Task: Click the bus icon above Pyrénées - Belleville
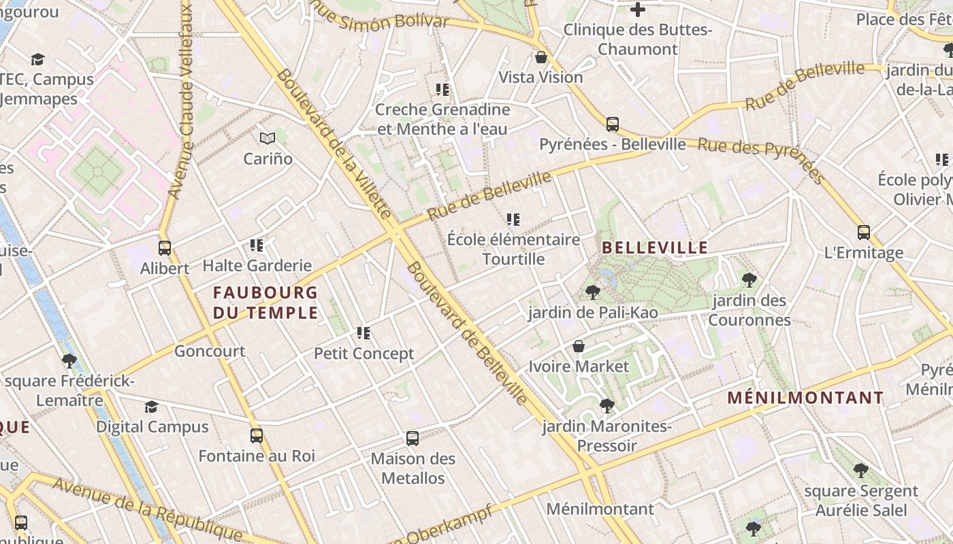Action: pos(612,124)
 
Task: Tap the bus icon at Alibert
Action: pos(164,248)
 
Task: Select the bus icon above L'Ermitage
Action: pos(863,233)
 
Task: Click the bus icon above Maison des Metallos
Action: pos(412,439)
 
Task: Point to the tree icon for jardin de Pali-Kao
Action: pos(593,292)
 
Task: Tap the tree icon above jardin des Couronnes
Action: pos(749,279)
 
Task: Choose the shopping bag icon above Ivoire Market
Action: pos(579,347)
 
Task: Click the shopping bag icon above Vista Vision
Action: pos(541,57)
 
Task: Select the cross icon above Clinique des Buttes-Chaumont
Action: pos(638,10)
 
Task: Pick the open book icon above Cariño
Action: pos(268,139)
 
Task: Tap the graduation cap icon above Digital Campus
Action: pos(151,407)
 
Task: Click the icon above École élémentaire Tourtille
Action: pos(513,220)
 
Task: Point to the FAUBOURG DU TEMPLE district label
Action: pos(265,303)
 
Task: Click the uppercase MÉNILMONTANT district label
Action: pos(805,398)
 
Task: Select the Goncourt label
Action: pos(210,351)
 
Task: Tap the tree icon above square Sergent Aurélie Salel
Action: pos(861,470)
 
